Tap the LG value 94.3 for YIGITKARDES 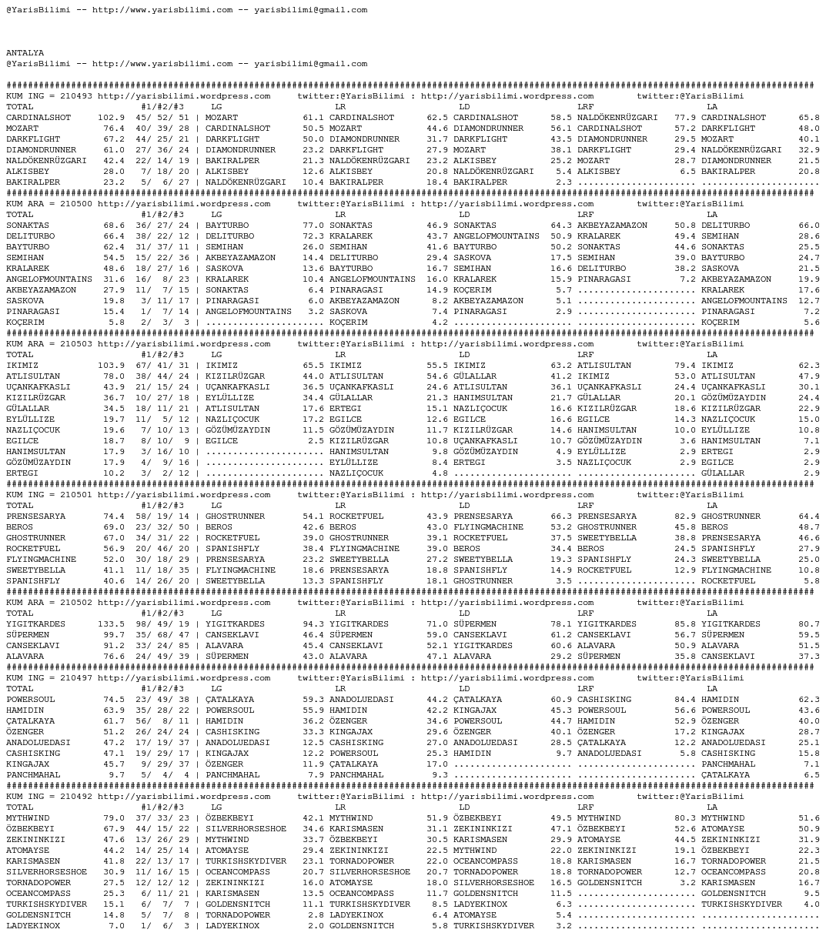tap(313, 624)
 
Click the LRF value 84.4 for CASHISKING tap(685, 700)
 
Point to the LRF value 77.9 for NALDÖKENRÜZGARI tap(685, 118)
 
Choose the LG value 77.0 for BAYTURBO tap(313, 226)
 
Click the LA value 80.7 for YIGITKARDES tap(809, 624)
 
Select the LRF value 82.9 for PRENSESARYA tap(685, 516)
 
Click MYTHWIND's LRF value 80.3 tap(685, 818)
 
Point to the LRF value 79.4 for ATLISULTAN tap(685, 366)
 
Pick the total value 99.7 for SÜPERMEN tap(114, 635)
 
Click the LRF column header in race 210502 tap(585, 613)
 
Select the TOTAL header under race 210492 tap(20, 807)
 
